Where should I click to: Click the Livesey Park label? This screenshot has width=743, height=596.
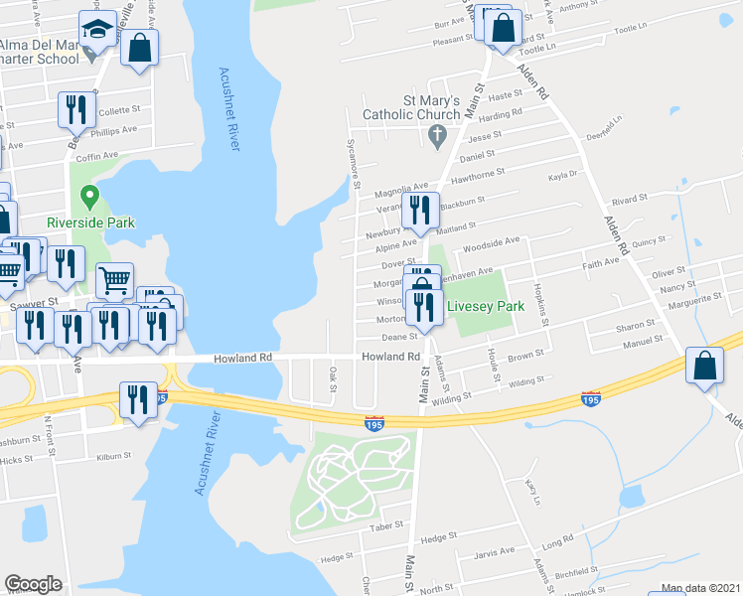click(x=484, y=306)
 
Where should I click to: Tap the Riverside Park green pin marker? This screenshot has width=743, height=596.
click(x=89, y=196)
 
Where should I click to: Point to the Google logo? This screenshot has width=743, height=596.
click(x=33, y=584)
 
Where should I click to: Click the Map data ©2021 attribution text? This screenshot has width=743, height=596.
click(x=700, y=588)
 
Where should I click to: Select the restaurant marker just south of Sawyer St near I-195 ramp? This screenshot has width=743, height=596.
click(x=137, y=399)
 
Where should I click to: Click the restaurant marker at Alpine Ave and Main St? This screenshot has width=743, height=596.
click(x=419, y=211)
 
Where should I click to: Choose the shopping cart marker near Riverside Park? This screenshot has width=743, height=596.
click(x=114, y=282)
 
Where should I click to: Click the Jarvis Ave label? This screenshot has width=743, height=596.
click(x=495, y=552)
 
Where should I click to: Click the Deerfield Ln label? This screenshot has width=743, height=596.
click(x=603, y=127)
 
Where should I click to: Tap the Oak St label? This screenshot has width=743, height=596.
click(x=333, y=378)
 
